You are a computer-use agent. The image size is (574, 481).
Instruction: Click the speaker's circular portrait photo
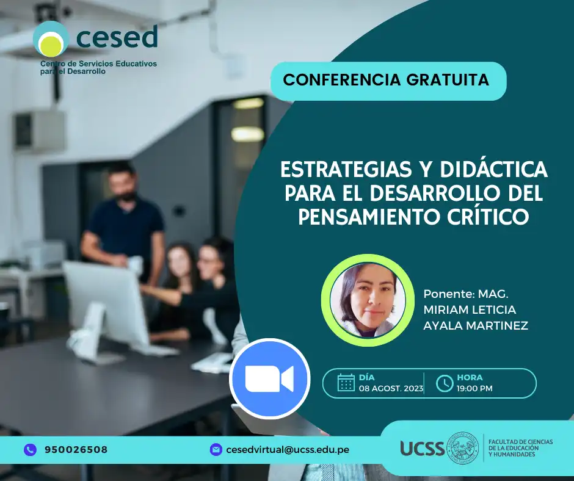point(368,300)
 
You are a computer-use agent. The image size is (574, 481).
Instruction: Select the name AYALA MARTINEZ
point(476,325)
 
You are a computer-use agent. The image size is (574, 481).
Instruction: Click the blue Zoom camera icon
point(270,378)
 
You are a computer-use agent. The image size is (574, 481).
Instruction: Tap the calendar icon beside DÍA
point(346,383)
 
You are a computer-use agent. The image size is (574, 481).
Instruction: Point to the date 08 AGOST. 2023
point(391,388)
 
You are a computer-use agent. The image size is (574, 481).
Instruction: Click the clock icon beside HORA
point(445,383)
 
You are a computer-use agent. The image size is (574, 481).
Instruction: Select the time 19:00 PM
point(474,388)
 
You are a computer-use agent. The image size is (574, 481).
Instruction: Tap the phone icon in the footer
point(31,449)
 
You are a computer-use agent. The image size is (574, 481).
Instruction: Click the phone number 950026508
point(76,449)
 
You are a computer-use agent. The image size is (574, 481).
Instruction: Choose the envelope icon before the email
point(216,449)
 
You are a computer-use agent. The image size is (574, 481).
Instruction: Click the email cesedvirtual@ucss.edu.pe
point(288,450)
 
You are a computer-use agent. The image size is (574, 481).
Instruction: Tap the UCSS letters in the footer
point(422,448)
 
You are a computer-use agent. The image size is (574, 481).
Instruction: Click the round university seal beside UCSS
point(463,447)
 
